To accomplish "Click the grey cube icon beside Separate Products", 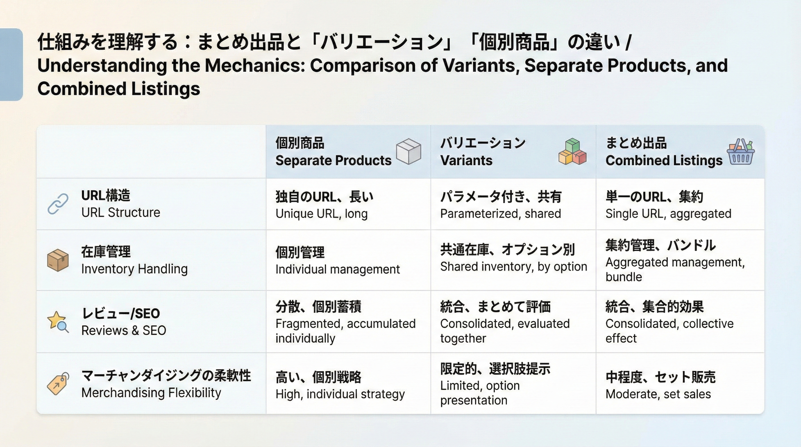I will coord(408,151).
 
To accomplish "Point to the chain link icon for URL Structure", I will coord(58,204).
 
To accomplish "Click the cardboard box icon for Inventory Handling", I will coord(58,260).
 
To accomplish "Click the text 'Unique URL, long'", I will coord(321,214).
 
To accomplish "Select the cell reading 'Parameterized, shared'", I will coord(500,214).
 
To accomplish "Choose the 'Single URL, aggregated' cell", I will coord(668,214).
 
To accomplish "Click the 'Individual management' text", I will coord(337,269).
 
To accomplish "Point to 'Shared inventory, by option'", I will coord(513,267).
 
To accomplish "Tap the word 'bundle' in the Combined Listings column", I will coord(623,277).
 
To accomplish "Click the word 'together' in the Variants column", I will coord(463,338).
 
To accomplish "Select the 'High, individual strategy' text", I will coord(340,394).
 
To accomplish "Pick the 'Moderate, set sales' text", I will coord(658,394).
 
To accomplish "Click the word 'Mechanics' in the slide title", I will coord(254,65).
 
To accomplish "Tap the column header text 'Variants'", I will coord(466,160).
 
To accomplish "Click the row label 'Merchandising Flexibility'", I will coord(151,393).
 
